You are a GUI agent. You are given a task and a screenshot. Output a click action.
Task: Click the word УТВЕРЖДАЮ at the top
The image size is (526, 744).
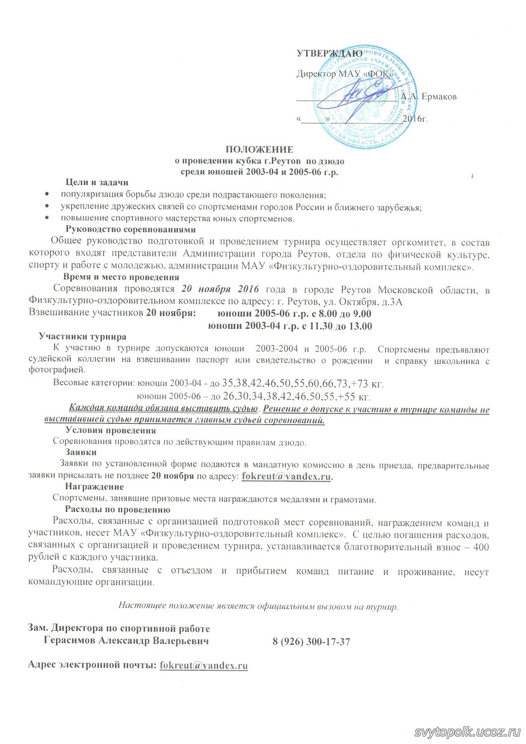(329, 53)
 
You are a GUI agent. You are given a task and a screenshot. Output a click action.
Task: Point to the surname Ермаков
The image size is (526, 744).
(439, 96)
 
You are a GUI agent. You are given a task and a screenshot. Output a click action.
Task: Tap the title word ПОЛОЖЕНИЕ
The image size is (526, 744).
(260, 149)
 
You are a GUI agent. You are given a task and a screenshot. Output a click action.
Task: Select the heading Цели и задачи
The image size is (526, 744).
(97, 182)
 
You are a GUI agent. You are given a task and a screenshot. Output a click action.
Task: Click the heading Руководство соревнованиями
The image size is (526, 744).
(131, 229)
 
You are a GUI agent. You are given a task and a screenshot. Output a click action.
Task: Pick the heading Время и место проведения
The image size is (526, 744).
(121, 277)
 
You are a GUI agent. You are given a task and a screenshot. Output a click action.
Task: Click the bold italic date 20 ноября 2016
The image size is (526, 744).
(220, 289)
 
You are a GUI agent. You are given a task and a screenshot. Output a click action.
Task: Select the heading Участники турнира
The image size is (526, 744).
(82, 337)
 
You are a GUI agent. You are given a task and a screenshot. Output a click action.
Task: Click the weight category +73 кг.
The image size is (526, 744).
(367, 384)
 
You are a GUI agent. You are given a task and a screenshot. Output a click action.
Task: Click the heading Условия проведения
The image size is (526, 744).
(111, 430)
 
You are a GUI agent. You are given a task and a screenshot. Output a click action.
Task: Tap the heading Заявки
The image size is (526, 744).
(81, 452)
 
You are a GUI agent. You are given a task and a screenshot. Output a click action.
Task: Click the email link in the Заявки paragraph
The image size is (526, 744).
(286, 476)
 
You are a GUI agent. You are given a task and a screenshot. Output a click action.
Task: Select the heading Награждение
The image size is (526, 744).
(94, 487)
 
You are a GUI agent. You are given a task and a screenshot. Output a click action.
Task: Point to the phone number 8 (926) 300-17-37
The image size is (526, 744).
(311, 641)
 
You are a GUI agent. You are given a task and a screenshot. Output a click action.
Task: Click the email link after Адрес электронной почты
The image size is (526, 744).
(203, 666)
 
